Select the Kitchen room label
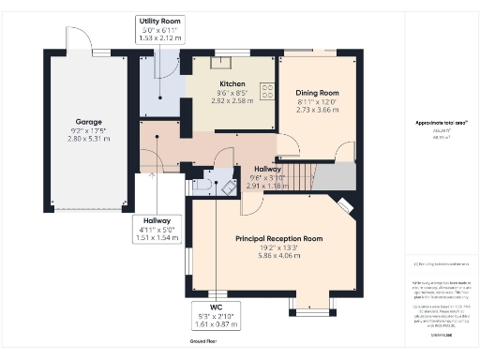(232, 83)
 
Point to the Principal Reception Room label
(278, 239)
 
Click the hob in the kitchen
(267, 92)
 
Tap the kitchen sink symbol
(225, 64)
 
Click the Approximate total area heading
(442, 123)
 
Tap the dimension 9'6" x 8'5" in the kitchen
(232, 92)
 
